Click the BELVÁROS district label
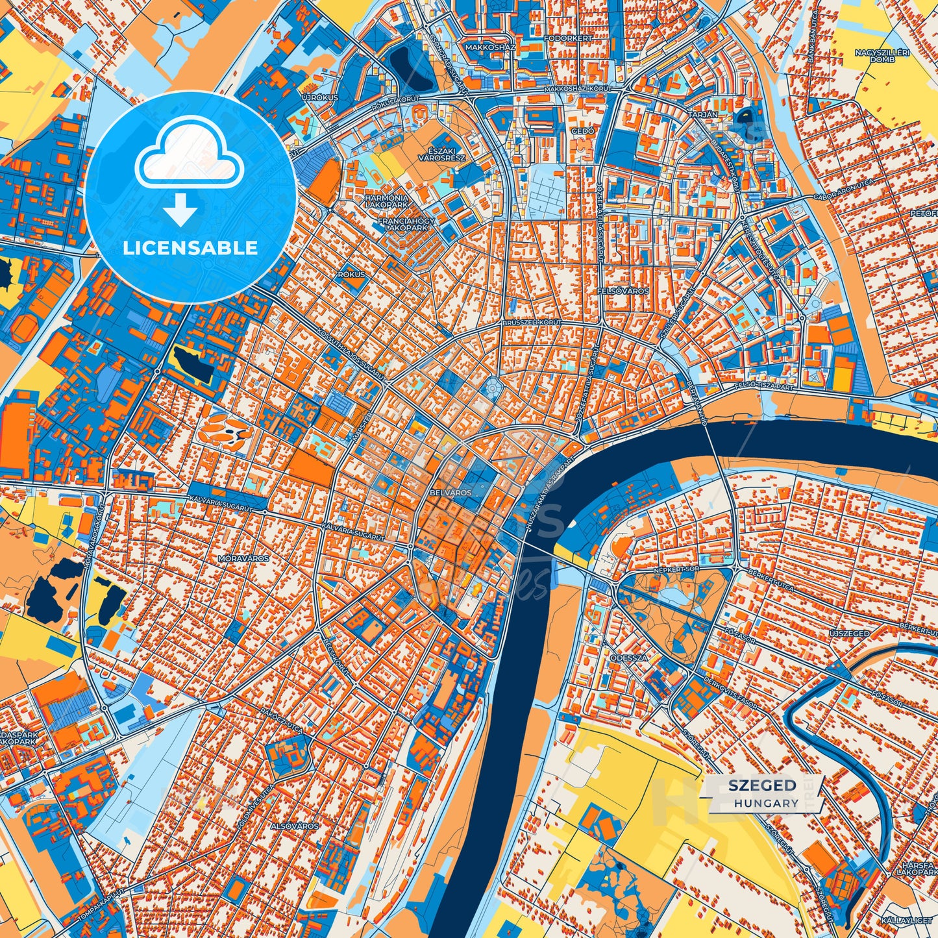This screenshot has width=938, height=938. (450, 493)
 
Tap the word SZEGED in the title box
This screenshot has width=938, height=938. (762, 785)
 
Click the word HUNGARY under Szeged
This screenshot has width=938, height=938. (767, 803)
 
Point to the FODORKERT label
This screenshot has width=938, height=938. (569, 38)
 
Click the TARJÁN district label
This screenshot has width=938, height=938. (703, 114)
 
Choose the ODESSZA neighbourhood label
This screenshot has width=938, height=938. (628, 658)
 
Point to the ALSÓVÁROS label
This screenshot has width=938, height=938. (295, 826)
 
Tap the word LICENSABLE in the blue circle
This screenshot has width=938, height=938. (191, 248)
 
